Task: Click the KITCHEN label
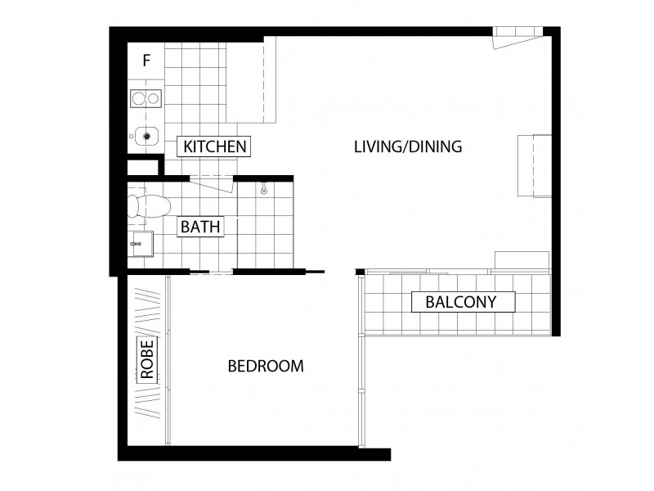click(x=215, y=146)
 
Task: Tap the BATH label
click(x=200, y=227)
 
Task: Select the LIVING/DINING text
click(x=409, y=147)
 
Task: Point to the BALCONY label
click(x=461, y=301)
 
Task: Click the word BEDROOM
click(x=266, y=366)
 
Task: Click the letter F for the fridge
click(x=146, y=60)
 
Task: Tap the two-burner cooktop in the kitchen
click(x=146, y=99)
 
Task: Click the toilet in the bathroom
click(x=144, y=205)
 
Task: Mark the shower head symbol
click(x=264, y=191)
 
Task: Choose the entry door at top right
click(x=517, y=38)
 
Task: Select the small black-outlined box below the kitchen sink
click(x=143, y=167)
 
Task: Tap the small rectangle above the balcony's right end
click(x=521, y=260)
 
